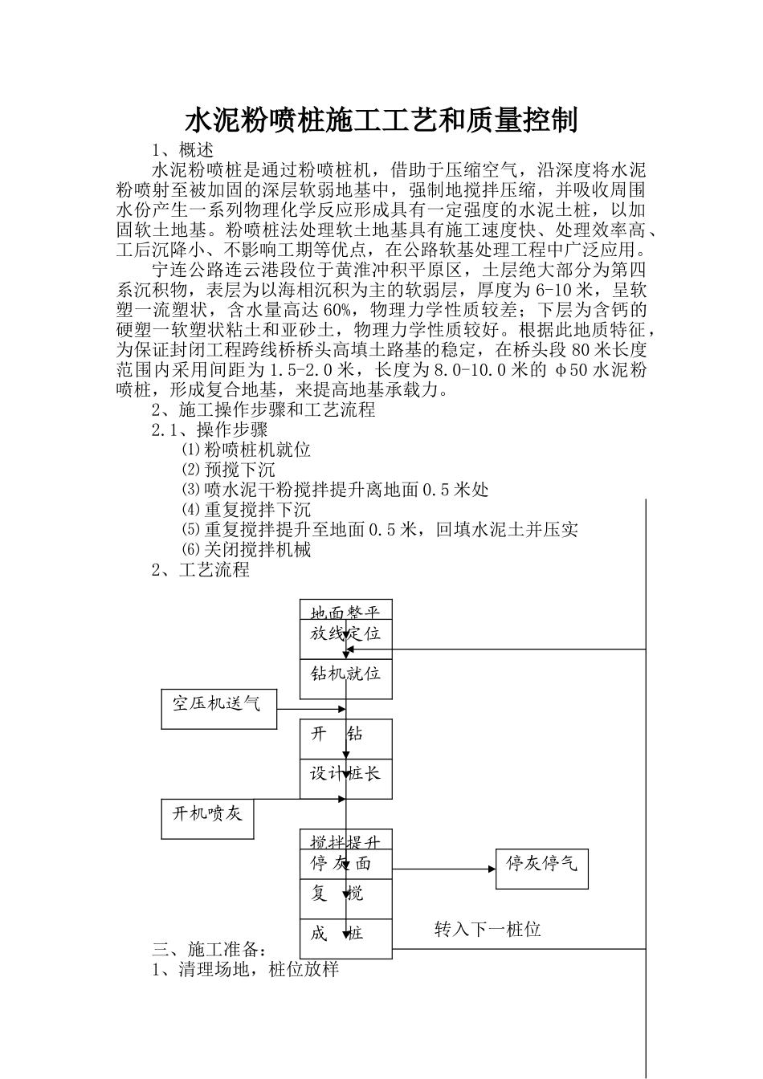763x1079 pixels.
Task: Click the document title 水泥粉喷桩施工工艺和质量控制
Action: point(381,120)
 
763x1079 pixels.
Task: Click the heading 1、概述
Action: point(182,150)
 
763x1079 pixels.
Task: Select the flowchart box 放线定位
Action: point(345,634)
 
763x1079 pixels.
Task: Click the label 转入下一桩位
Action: point(488,930)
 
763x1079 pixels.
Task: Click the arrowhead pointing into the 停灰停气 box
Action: point(491,869)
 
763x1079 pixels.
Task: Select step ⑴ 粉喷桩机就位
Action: point(246,450)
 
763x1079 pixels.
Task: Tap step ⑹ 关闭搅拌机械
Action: point(246,550)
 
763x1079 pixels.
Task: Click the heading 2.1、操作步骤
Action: point(210,430)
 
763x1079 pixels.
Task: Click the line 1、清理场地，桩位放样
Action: point(246,970)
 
